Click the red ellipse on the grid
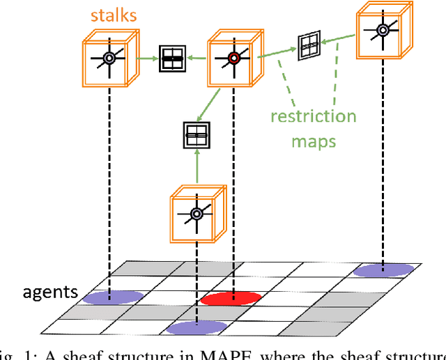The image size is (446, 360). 231,299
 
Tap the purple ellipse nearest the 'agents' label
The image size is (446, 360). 113,297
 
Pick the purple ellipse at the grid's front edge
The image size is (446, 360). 197,328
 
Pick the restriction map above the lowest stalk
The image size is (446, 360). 196,134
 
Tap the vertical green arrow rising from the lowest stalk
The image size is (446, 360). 197,167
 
